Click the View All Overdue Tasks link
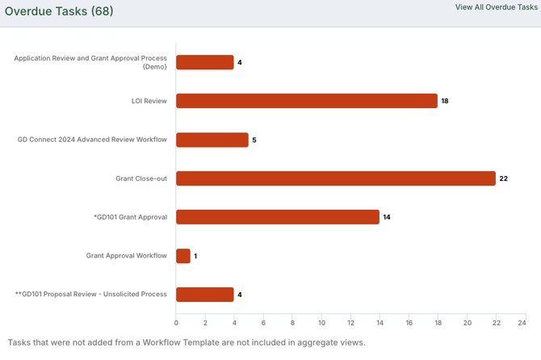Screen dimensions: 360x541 tap(496, 7)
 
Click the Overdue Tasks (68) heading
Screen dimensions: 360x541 tap(59, 11)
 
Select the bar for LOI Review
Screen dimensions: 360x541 tap(307, 101)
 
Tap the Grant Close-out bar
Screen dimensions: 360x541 tap(336, 178)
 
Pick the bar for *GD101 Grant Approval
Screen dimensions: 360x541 tap(278, 217)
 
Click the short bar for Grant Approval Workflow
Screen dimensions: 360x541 tap(183, 256)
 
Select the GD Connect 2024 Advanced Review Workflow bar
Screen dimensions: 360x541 tap(212, 140)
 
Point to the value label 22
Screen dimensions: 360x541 tap(503, 178)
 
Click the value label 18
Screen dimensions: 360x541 tap(445, 101)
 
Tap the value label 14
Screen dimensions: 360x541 tap(387, 217)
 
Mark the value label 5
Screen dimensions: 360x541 tap(254, 140)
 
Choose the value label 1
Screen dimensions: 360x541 tap(195, 256)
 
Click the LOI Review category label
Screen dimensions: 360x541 tap(149, 101)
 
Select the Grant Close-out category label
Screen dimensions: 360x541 tap(141, 178)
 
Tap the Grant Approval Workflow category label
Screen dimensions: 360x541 tap(126, 256)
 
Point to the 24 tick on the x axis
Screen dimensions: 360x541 tap(522, 323)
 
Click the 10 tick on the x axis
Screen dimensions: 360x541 tap(321, 323)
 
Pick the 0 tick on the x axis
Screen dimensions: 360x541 tap(176, 323)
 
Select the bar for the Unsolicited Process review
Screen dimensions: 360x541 tap(205, 295)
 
